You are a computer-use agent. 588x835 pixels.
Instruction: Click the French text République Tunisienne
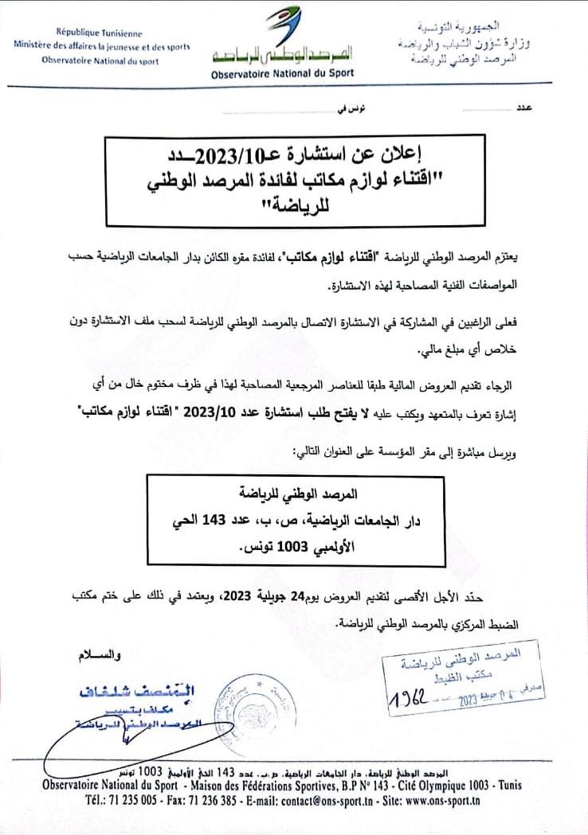(99, 33)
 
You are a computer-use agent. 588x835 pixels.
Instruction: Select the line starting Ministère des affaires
(102, 46)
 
